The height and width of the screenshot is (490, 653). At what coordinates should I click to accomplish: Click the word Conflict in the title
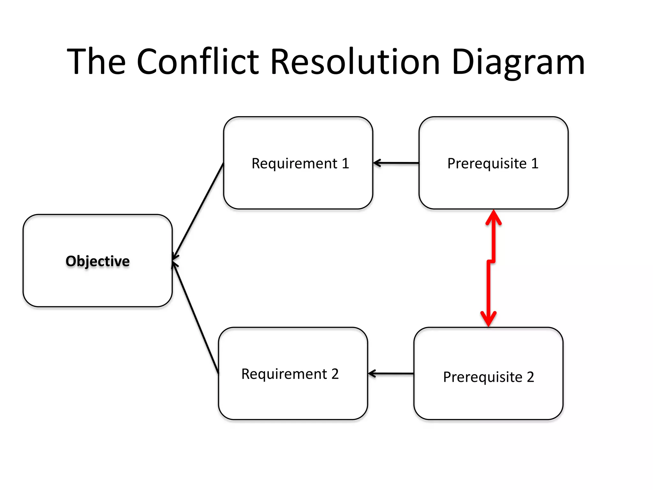(x=198, y=62)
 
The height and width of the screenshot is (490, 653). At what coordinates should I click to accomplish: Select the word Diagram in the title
(x=518, y=62)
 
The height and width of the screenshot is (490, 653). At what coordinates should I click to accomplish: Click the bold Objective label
(x=98, y=261)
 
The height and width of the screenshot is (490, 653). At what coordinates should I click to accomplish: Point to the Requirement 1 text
(x=300, y=163)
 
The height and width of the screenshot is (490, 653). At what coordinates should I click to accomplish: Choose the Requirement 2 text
(x=290, y=374)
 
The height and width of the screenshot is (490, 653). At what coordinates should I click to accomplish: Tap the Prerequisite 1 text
(x=493, y=163)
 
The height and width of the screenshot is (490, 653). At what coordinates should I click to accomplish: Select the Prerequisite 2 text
(x=488, y=377)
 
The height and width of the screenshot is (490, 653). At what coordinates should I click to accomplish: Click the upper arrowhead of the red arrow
(x=494, y=218)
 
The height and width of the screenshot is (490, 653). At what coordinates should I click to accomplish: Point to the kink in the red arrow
(x=491, y=262)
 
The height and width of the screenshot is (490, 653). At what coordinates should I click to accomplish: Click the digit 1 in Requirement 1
(x=345, y=163)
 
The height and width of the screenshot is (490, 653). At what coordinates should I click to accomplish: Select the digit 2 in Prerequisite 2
(x=530, y=377)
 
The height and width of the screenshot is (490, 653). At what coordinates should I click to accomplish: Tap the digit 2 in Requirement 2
(x=335, y=374)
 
